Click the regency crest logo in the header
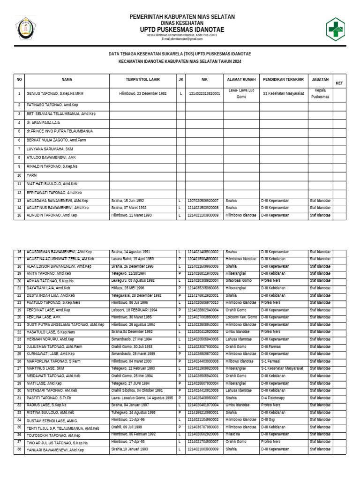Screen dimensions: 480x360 25,30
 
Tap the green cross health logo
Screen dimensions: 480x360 335,29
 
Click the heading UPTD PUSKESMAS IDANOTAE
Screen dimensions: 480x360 182,30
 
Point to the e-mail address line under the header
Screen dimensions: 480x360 182,39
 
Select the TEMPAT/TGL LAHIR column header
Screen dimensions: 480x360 142,80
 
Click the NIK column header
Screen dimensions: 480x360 204,80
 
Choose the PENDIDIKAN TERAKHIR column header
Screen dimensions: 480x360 283,80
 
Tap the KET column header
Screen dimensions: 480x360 339,83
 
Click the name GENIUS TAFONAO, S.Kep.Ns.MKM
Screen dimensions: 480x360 54,94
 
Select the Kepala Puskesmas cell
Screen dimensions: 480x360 320,93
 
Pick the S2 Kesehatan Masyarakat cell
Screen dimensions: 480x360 283,94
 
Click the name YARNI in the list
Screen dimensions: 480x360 32,175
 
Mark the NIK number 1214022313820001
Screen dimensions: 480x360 204,94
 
